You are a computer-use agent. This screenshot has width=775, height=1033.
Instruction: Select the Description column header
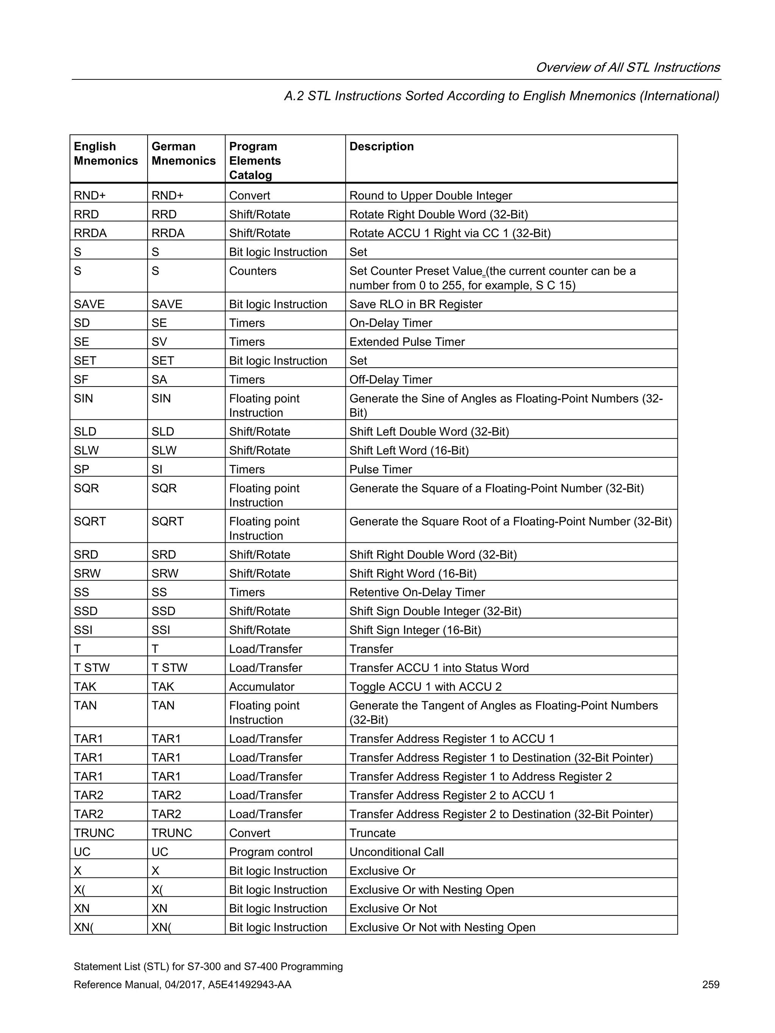pyautogui.click(x=381, y=147)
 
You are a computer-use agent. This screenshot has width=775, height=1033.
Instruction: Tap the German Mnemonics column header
pyautogui.click(x=183, y=154)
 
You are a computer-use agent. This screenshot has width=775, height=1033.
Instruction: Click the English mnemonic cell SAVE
pyautogui.click(x=89, y=304)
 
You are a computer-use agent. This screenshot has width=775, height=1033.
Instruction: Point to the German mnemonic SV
pyautogui.click(x=159, y=342)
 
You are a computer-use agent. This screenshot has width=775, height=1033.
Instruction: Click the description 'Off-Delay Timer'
pyautogui.click(x=391, y=380)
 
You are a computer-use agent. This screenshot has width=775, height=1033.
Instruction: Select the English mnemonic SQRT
pyautogui.click(x=90, y=522)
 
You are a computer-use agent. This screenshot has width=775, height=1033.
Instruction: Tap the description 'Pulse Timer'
pyautogui.click(x=381, y=469)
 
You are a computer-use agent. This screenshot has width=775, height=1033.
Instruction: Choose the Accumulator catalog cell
pyautogui.click(x=261, y=687)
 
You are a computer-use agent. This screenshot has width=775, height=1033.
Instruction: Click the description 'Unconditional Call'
pyautogui.click(x=397, y=852)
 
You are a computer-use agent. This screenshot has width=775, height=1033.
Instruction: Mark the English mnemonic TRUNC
pyautogui.click(x=94, y=833)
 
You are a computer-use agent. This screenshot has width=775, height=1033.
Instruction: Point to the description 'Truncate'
pyautogui.click(x=372, y=833)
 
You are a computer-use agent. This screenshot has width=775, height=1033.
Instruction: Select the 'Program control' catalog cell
pyautogui.click(x=271, y=852)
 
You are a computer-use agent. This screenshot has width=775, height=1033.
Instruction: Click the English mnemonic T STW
pyautogui.click(x=92, y=668)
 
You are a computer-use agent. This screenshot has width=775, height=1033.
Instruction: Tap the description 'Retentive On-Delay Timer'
pyautogui.click(x=417, y=593)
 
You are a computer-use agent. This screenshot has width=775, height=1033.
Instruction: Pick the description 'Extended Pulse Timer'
pyautogui.click(x=407, y=342)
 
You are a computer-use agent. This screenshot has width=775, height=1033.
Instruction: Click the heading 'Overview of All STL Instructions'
pyautogui.click(x=627, y=68)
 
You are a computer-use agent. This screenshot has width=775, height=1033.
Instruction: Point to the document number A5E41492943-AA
pyautogui.click(x=249, y=985)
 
